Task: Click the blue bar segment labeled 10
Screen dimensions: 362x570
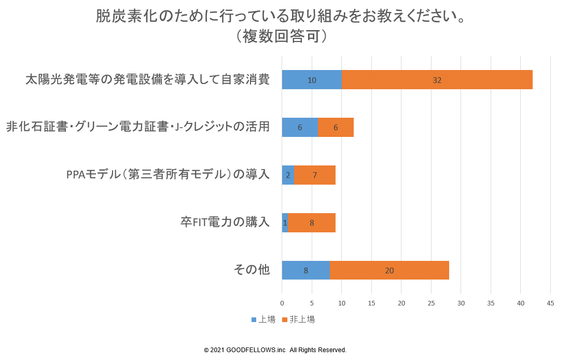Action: coord(312,80)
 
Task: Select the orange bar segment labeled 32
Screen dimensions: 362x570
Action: coord(437,80)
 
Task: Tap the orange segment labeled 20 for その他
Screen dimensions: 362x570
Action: coord(389,270)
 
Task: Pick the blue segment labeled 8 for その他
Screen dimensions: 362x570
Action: coord(305,270)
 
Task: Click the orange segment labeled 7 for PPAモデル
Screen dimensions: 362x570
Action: coord(315,175)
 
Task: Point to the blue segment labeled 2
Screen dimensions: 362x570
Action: coord(288,175)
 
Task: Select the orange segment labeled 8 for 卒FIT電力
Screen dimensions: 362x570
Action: coord(312,223)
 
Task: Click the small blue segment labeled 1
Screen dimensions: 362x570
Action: coord(285,223)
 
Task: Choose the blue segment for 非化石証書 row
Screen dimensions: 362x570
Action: coord(300,128)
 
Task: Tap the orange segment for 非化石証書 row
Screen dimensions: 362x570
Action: coord(336,128)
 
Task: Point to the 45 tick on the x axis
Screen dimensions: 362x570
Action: coord(550,303)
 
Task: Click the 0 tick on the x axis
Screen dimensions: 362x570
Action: coord(282,303)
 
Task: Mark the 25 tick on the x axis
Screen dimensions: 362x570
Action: coord(431,303)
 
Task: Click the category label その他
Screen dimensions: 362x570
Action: coord(252,270)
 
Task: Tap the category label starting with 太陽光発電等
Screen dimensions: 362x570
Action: coord(148,80)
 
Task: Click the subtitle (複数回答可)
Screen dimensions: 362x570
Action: coord(280,36)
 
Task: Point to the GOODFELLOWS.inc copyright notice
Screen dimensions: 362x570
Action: coord(275,350)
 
